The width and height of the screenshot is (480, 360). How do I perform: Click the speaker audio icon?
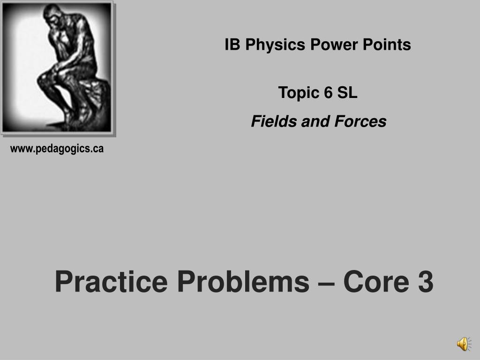point(464,344)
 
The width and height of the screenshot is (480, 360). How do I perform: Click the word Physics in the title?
point(275,45)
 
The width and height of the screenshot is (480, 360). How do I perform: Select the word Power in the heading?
point(334,45)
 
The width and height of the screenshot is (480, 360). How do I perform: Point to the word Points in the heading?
point(387,45)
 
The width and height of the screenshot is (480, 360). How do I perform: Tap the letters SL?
point(347,92)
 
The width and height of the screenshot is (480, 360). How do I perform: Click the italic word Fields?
point(274,121)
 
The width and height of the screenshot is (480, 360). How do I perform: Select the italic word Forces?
point(360,121)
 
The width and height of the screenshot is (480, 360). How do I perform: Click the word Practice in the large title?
point(112,282)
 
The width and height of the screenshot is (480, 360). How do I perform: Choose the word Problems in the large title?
point(243,282)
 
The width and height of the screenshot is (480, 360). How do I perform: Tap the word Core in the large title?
point(376,282)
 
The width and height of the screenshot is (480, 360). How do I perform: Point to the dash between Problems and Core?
point(326,284)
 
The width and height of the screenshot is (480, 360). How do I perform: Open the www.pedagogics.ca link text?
point(57,149)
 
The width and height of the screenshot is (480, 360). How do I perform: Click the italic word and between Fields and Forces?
point(316,121)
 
